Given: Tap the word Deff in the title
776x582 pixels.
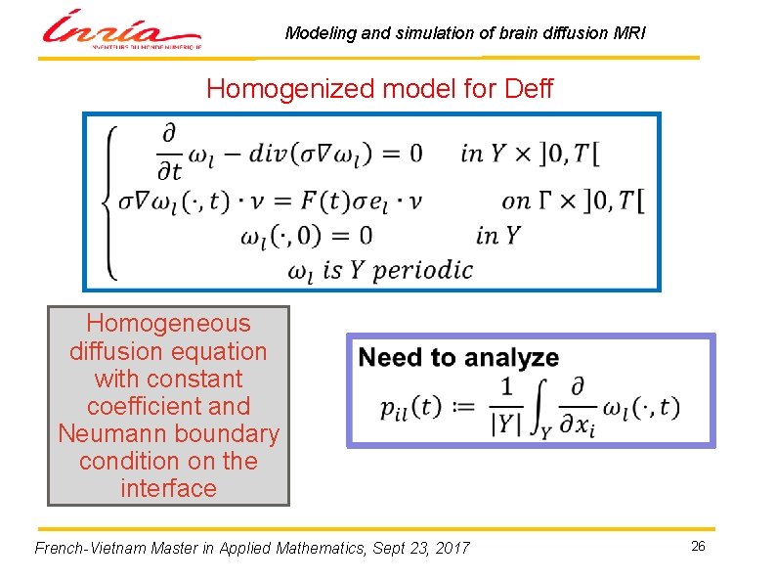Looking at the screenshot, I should (528, 90).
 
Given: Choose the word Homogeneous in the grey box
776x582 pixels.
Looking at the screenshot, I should (168, 324).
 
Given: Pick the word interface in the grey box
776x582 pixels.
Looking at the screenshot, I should (168, 488).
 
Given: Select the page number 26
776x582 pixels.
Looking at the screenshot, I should (698, 546).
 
